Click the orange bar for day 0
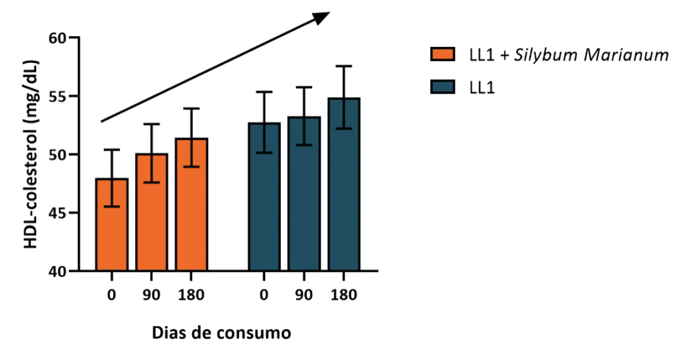coord(112,225)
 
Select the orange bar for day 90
coord(152,213)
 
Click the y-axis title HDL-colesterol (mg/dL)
coord(31,155)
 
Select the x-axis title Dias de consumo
coord(221,333)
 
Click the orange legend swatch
coord(443,55)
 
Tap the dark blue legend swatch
coord(443,88)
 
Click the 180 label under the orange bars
coord(192,295)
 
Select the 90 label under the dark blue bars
coord(304,295)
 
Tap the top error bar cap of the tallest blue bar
coord(344,66)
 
